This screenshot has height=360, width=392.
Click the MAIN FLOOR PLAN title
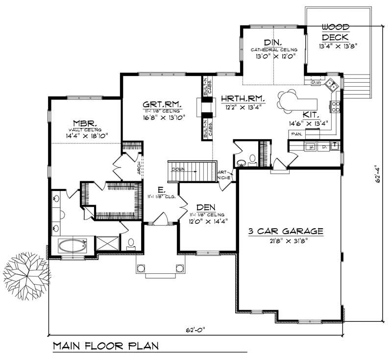click(x=106, y=346)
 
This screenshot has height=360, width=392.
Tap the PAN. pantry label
click(x=296, y=133)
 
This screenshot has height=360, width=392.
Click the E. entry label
click(x=161, y=189)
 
